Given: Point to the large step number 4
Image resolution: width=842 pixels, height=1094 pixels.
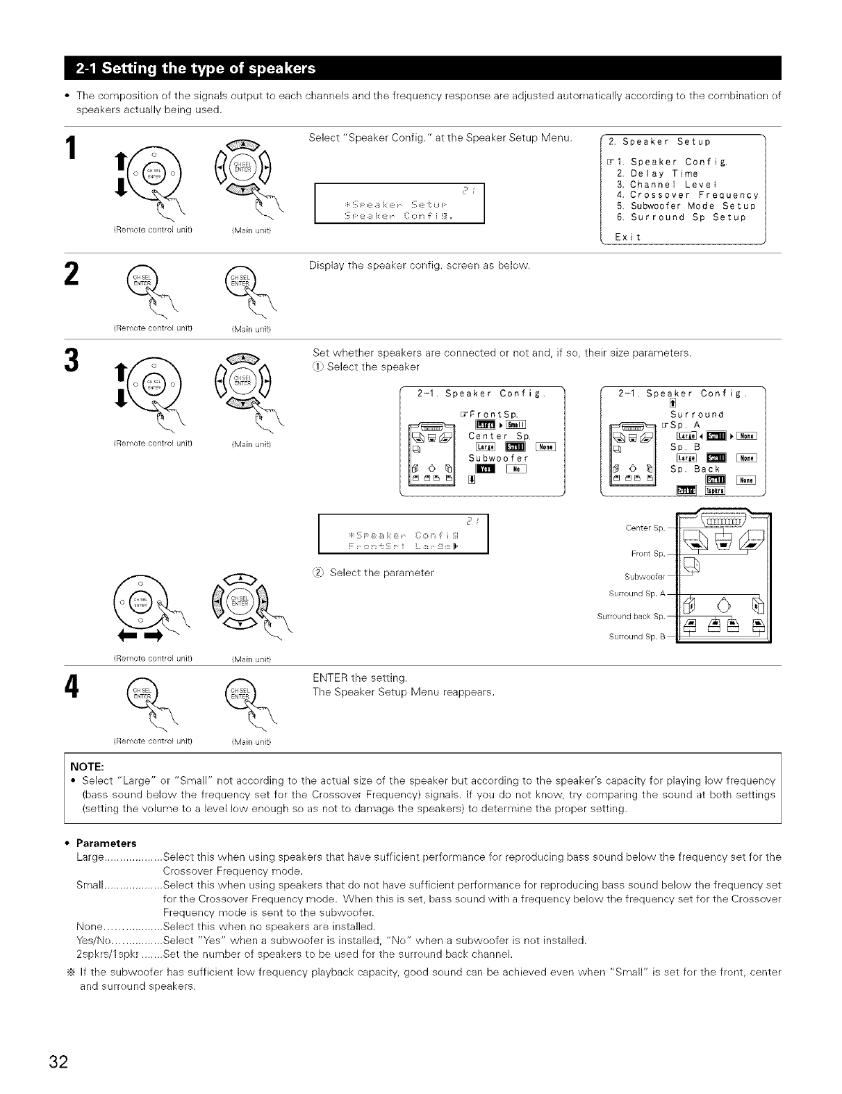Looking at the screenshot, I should [x=71, y=688].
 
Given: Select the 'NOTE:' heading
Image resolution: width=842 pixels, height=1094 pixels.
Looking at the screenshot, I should [x=86, y=766].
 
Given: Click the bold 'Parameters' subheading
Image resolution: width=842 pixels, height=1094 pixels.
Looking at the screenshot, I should [x=106, y=843].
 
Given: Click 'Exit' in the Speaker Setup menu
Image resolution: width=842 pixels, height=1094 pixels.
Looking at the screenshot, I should [x=628, y=237].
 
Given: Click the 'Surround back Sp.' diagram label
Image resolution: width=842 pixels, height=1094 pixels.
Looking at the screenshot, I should [x=631, y=616].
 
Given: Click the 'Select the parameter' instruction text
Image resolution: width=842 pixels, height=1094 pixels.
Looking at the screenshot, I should [x=381, y=573].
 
